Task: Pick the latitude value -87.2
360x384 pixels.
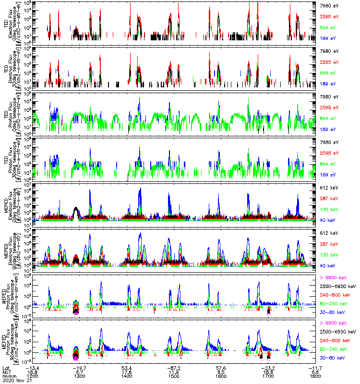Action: (174, 366)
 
